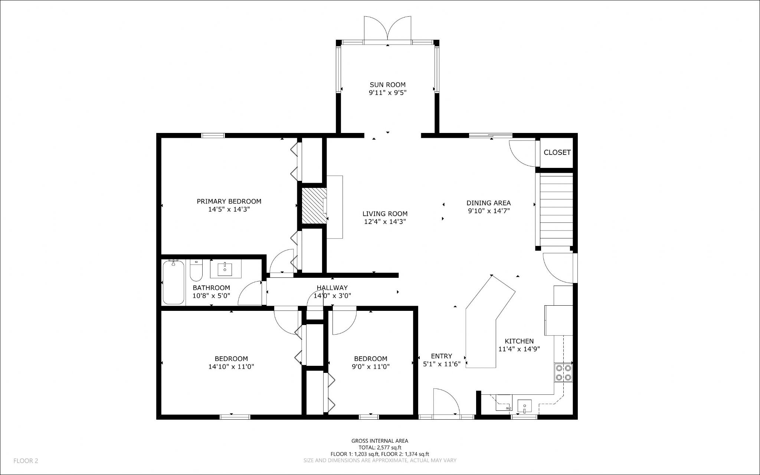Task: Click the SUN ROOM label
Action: (x=387, y=85)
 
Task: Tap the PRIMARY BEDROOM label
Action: (x=229, y=201)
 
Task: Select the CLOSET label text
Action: (x=557, y=152)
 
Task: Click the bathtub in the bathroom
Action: (x=173, y=282)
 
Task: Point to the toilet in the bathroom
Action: (x=196, y=270)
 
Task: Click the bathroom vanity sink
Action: (x=225, y=269)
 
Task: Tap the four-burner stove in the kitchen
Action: (x=563, y=372)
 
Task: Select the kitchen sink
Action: (x=524, y=406)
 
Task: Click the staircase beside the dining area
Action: (x=556, y=210)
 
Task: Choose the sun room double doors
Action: (x=388, y=28)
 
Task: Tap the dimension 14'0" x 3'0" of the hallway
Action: (x=332, y=296)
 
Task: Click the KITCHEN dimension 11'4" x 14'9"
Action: (x=519, y=349)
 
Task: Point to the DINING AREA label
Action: (x=488, y=203)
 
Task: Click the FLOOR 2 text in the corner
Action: (x=26, y=461)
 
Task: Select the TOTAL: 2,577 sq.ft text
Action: (x=380, y=448)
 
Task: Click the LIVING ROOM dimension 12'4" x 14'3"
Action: (x=385, y=222)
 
